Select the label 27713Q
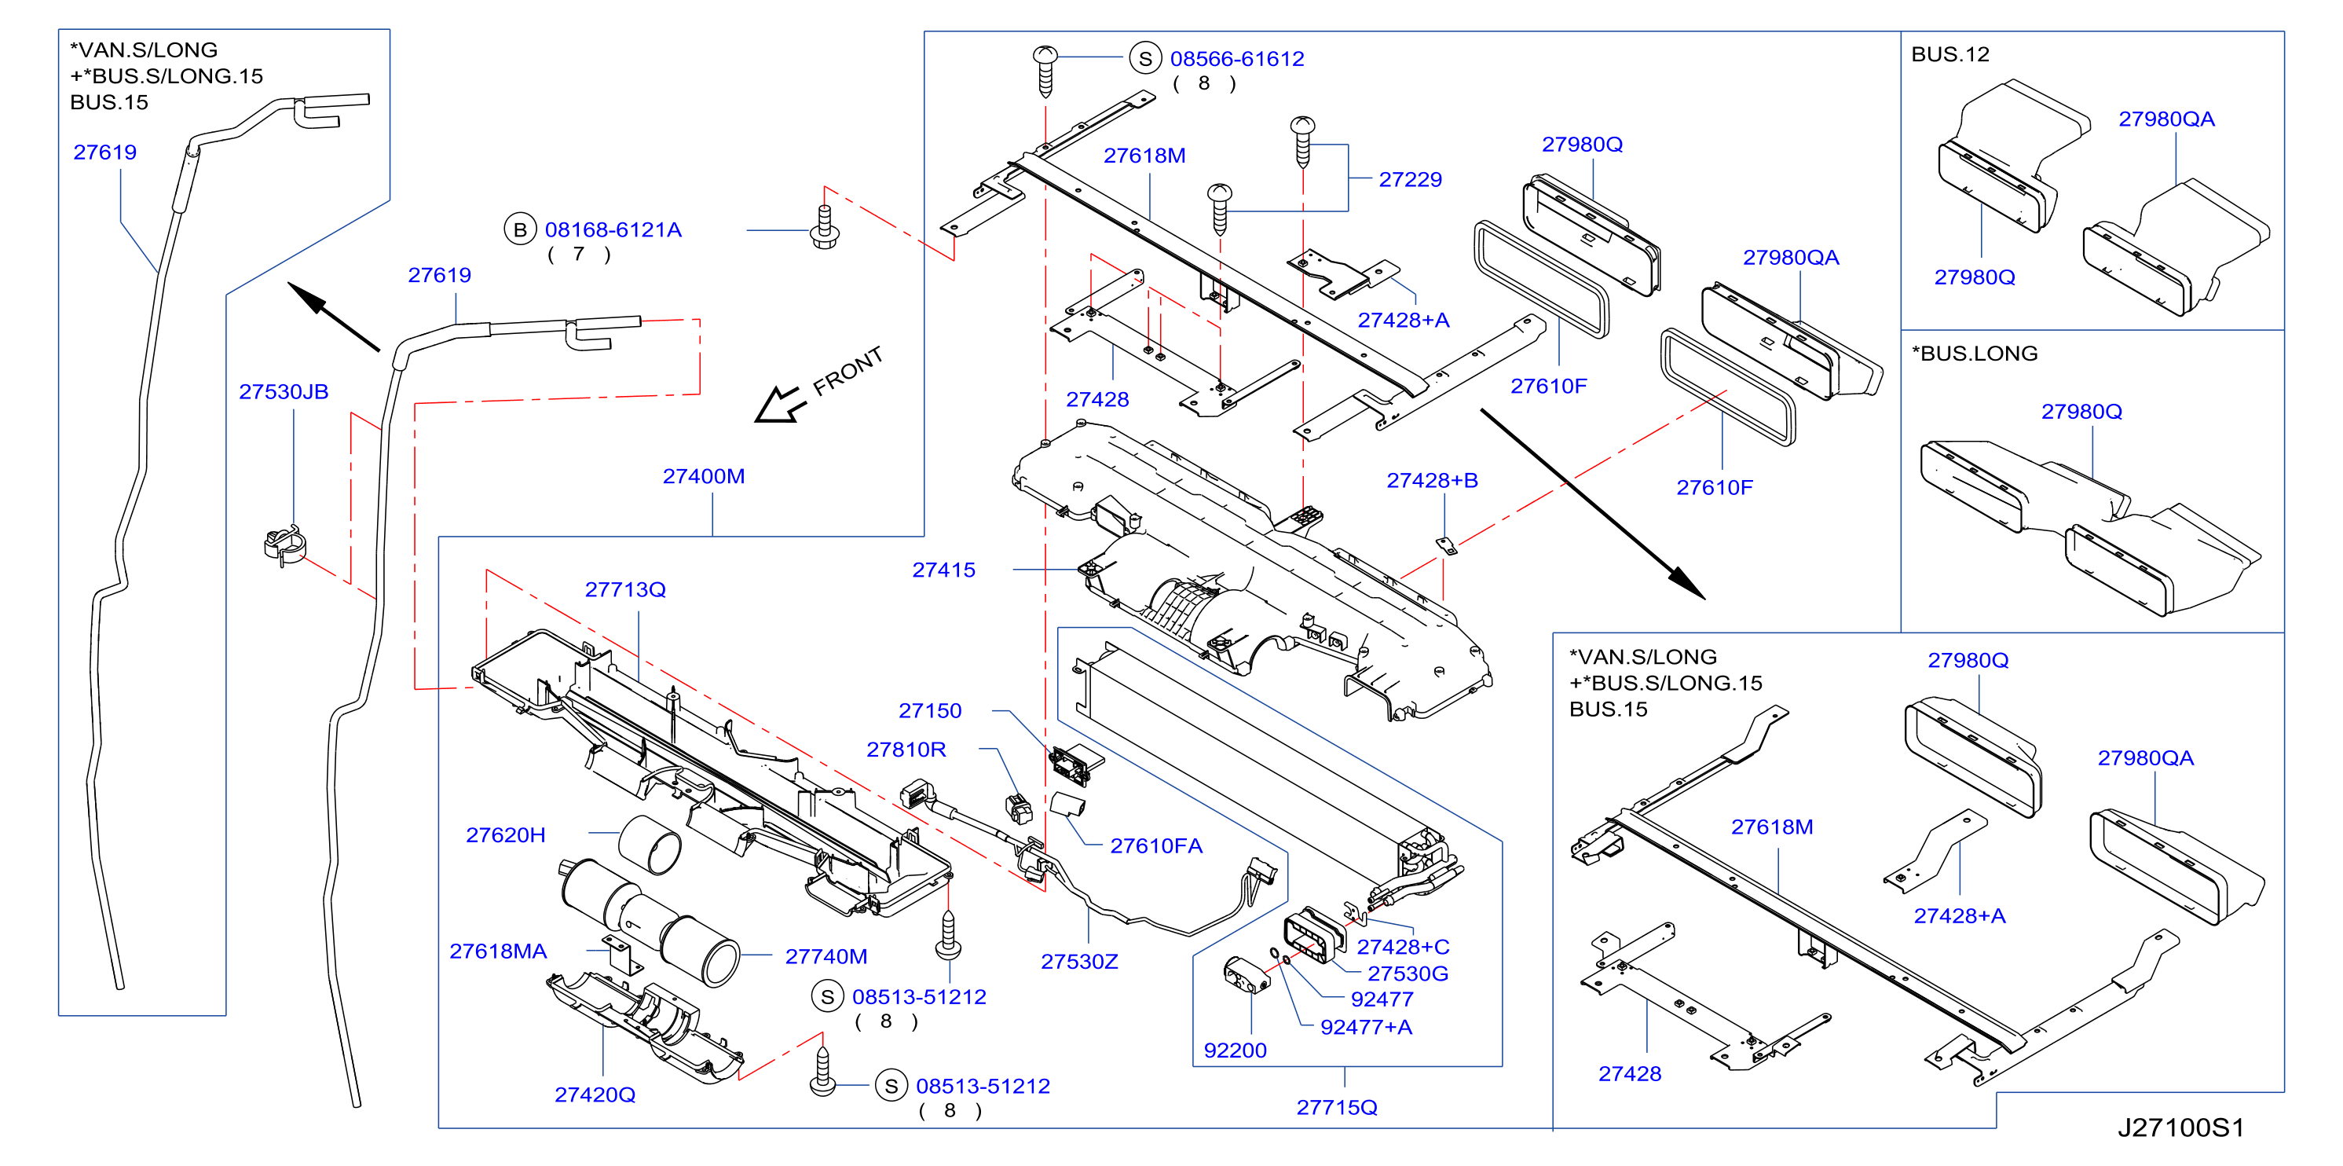click(x=625, y=589)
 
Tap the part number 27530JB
click(x=283, y=392)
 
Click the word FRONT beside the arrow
click(x=848, y=370)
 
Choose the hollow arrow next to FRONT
click(x=778, y=403)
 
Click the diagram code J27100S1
click(x=2180, y=1127)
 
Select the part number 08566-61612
click(x=1237, y=59)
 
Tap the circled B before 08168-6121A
click(x=519, y=229)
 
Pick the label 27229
click(x=1410, y=179)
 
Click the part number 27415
click(x=943, y=570)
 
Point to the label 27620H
click(x=506, y=835)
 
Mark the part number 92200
click(x=1236, y=1050)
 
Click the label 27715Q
click(x=1336, y=1107)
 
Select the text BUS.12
click(x=1950, y=54)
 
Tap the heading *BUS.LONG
click(x=1975, y=354)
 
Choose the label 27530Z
click(x=1080, y=962)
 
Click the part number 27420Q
click(x=595, y=1094)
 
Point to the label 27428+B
click(x=1432, y=480)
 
